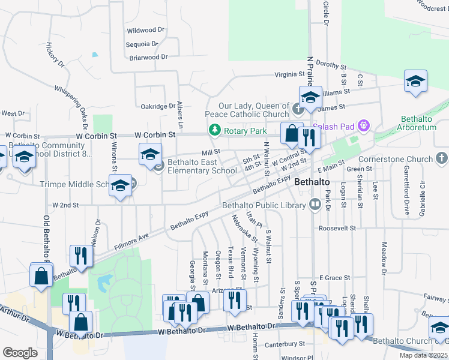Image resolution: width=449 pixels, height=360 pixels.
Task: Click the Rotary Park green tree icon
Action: (x=214, y=130)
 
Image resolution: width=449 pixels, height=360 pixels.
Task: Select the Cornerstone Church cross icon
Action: (x=442, y=159)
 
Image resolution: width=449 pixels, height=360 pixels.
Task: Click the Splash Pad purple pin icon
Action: (x=362, y=125)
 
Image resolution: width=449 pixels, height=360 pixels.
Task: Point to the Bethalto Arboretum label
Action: (x=424, y=124)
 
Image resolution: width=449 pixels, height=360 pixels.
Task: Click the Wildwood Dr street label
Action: (x=145, y=30)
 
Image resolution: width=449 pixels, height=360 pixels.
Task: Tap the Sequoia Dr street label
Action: (x=142, y=44)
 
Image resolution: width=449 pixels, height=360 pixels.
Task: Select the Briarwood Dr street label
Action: (x=148, y=58)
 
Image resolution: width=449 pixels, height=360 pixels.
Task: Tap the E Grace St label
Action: (x=334, y=278)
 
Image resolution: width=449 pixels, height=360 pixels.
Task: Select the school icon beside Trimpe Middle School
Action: (x=120, y=186)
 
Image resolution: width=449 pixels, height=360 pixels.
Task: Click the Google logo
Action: (x=20, y=352)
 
